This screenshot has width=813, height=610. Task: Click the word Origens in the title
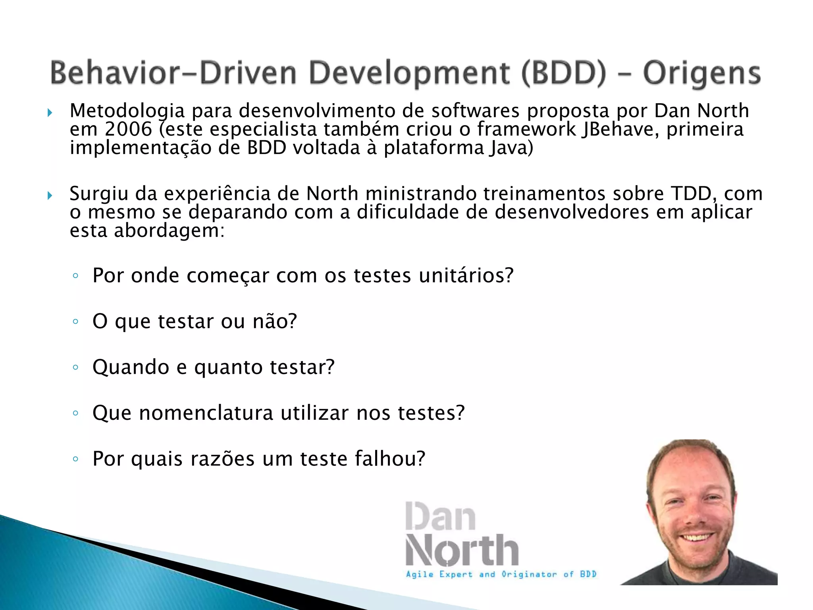tap(701, 73)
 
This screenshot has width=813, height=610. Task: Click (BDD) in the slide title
tap(564, 73)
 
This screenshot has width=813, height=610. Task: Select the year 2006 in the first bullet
tap(129, 129)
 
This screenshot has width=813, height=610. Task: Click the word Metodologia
tap(127, 111)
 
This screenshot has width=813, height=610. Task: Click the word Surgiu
tap(99, 194)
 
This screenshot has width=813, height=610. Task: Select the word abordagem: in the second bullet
tap(170, 231)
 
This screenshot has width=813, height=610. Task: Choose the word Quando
tap(131, 367)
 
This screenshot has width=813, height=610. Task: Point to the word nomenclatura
tap(206, 413)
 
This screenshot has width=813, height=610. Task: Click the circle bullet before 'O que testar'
tap(75, 321)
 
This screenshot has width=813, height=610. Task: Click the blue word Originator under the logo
tap(529, 574)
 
